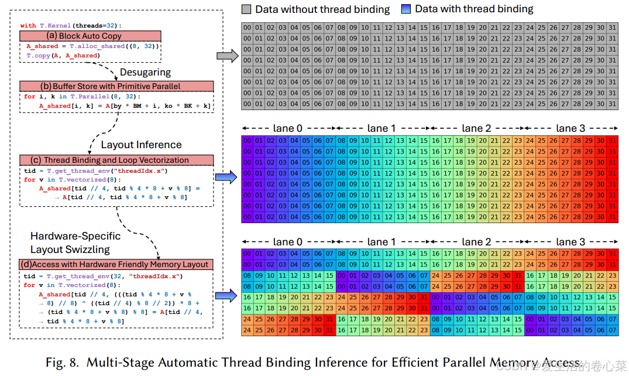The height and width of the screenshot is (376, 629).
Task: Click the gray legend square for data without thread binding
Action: pyautogui.click(x=246, y=9)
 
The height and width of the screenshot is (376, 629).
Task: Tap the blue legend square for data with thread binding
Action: pyautogui.click(x=406, y=9)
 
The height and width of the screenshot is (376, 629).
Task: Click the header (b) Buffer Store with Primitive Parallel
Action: pyautogui.click(x=116, y=86)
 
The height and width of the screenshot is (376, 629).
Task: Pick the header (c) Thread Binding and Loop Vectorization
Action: pyautogui.click(x=116, y=160)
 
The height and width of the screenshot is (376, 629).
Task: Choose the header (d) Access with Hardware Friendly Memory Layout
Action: pyautogui.click(x=116, y=264)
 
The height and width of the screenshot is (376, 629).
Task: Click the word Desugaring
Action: pyautogui.click(x=145, y=72)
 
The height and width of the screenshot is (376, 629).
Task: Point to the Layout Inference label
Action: pyautogui.click(x=141, y=145)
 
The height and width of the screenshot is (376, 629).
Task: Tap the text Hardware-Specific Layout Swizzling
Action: pyautogui.click(x=75, y=242)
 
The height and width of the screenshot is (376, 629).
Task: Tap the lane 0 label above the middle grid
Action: pyautogui.click(x=288, y=128)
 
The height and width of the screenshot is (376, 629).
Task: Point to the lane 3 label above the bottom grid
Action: pyautogui.click(x=571, y=241)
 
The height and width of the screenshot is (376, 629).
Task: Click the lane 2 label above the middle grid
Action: pyautogui.click(x=477, y=128)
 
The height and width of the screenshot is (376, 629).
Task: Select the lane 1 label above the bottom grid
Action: pyautogui.click(x=382, y=241)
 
